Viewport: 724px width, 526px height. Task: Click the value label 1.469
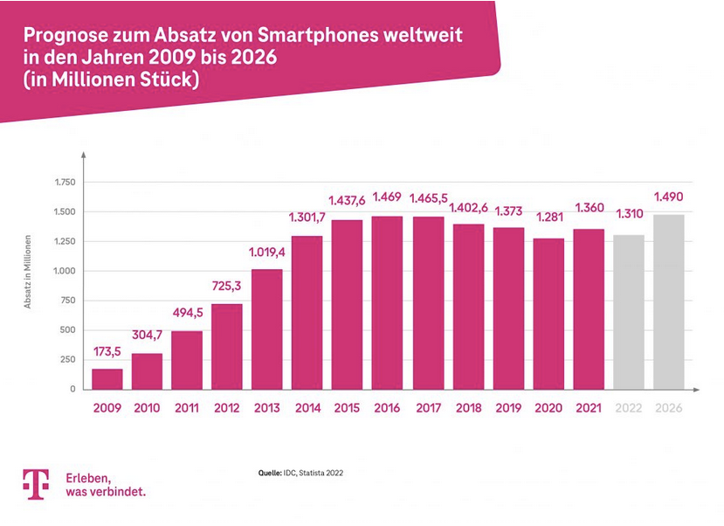(x=387, y=197)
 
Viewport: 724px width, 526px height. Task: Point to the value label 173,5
(x=107, y=353)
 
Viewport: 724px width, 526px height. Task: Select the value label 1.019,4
(x=267, y=253)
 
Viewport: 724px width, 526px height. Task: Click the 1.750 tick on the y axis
(x=65, y=182)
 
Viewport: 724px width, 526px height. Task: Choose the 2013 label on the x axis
(x=267, y=408)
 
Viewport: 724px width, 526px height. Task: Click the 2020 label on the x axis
(x=548, y=408)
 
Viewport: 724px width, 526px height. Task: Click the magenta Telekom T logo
(x=36, y=484)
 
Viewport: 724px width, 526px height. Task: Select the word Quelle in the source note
(x=268, y=473)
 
